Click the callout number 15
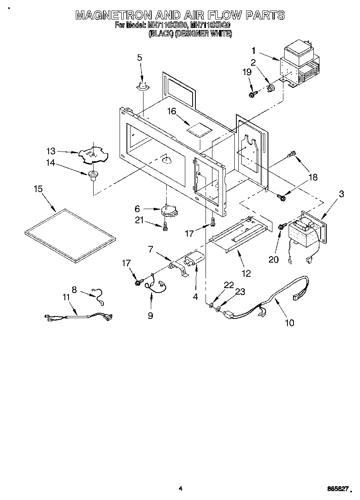click(38, 189)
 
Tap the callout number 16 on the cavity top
click(172, 111)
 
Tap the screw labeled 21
click(165, 228)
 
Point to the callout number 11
click(66, 297)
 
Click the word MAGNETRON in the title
click(113, 15)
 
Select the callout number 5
click(139, 58)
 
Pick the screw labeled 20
click(280, 228)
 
